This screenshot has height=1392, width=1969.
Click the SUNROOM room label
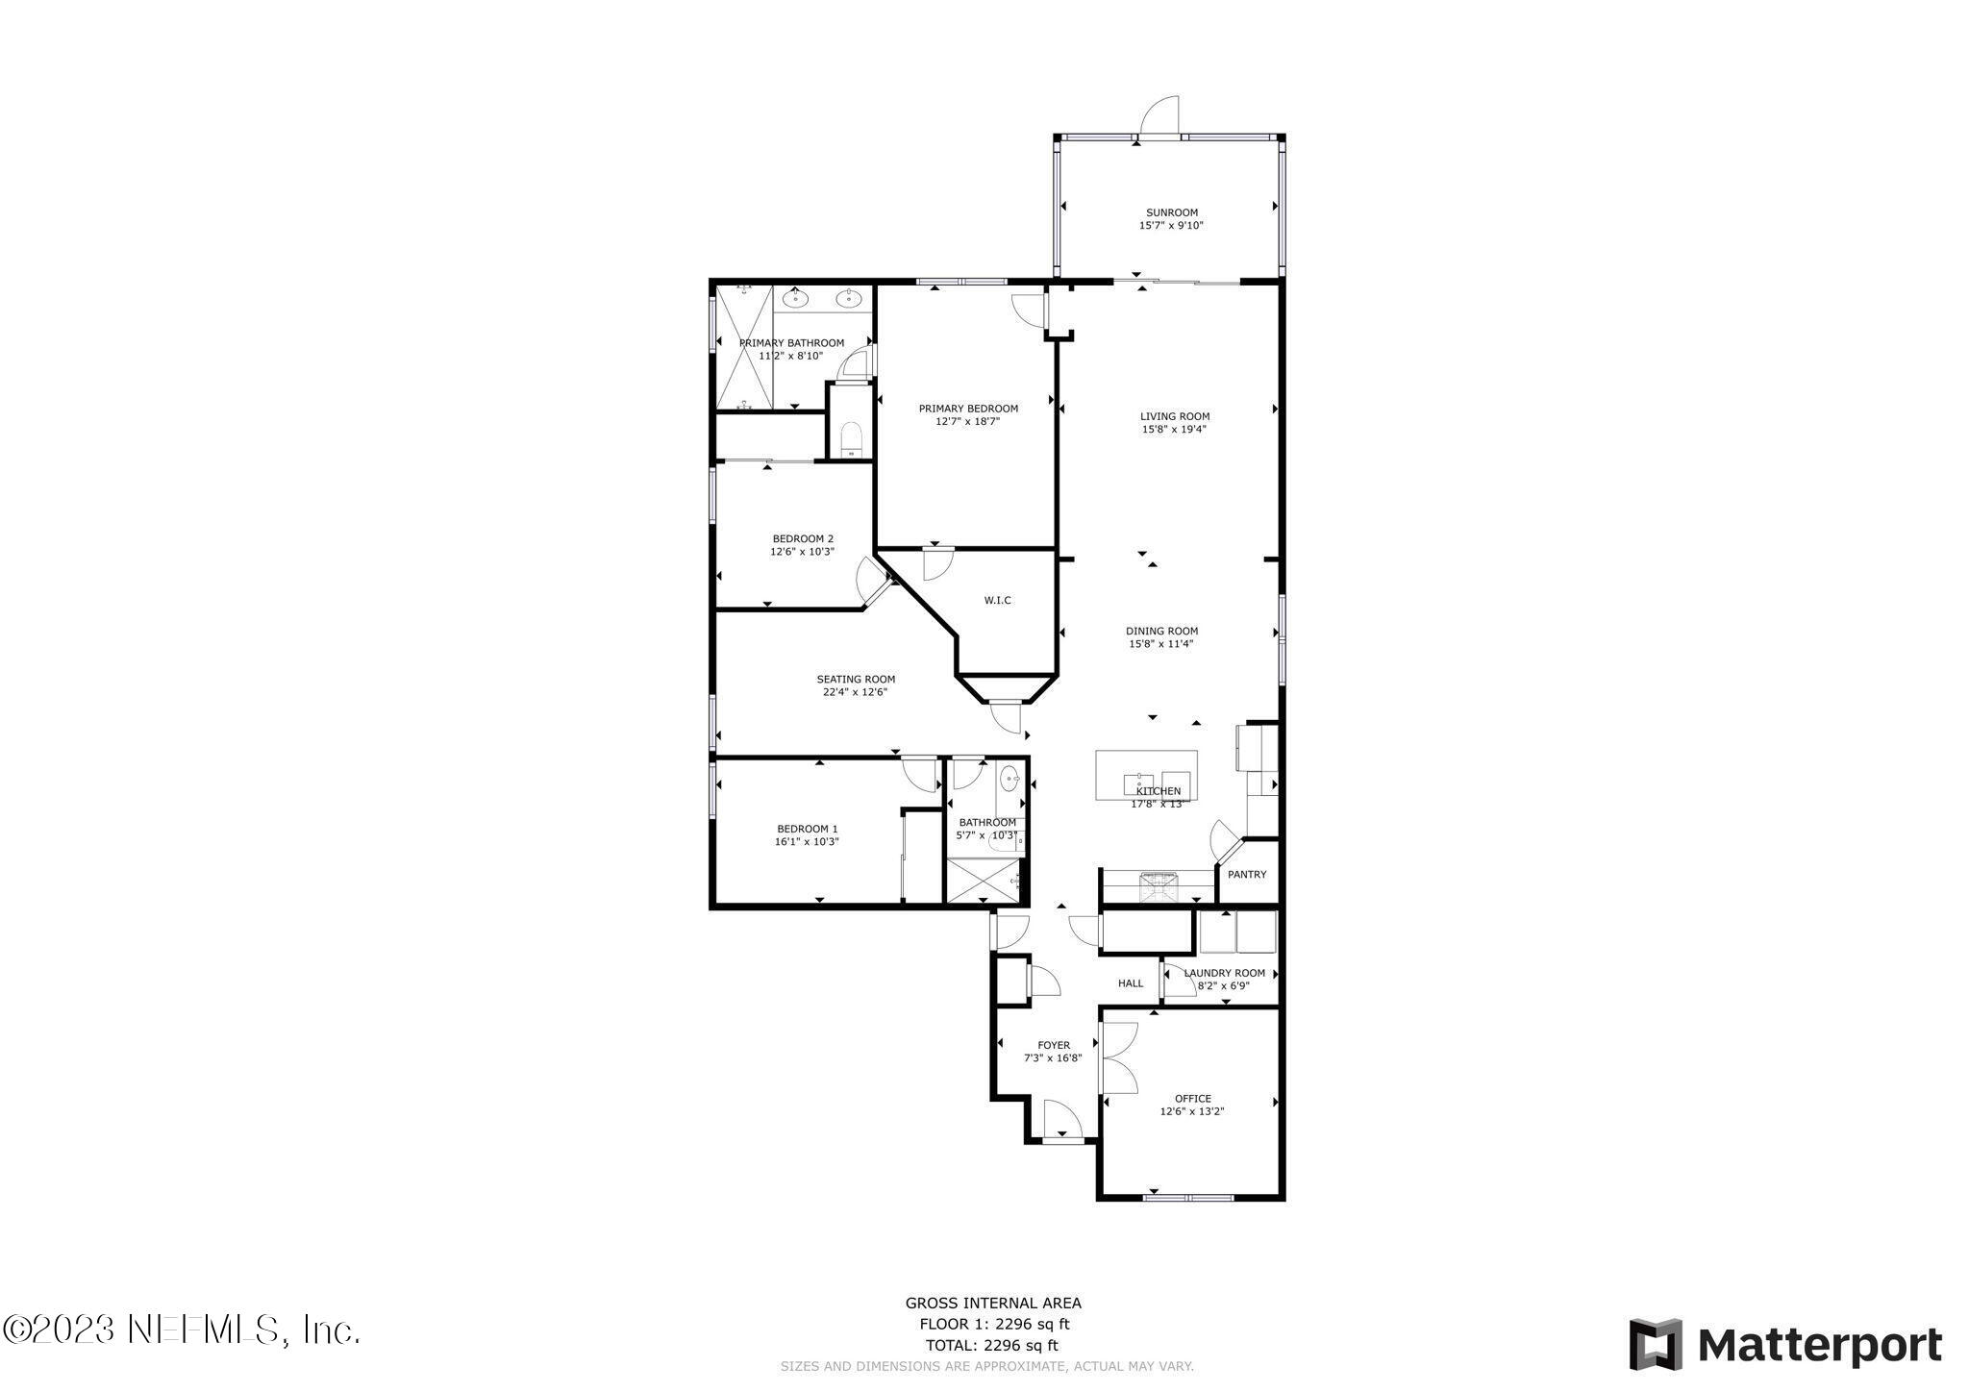(1171, 212)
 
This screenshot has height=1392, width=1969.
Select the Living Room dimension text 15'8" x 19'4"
(1174, 430)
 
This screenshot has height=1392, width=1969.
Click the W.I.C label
(997, 601)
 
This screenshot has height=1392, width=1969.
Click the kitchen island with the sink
(1146, 775)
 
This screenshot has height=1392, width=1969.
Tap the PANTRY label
(1246, 875)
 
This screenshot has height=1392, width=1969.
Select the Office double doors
(1117, 1057)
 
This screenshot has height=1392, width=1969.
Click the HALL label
(1131, 983)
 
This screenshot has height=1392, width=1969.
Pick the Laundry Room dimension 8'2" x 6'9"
(1224, 985)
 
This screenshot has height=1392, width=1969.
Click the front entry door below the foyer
(1061, 1121)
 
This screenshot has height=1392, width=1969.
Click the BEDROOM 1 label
(807, 829)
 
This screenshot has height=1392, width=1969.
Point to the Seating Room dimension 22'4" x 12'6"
(855, 692)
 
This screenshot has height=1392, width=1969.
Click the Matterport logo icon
(1655, 1343)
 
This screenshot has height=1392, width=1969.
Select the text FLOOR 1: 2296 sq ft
(993, 1323)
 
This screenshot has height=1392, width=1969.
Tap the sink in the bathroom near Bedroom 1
(1009, 779)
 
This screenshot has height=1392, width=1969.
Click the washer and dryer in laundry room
(1236, 932)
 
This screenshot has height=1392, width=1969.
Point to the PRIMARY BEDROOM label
(967, 409)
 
